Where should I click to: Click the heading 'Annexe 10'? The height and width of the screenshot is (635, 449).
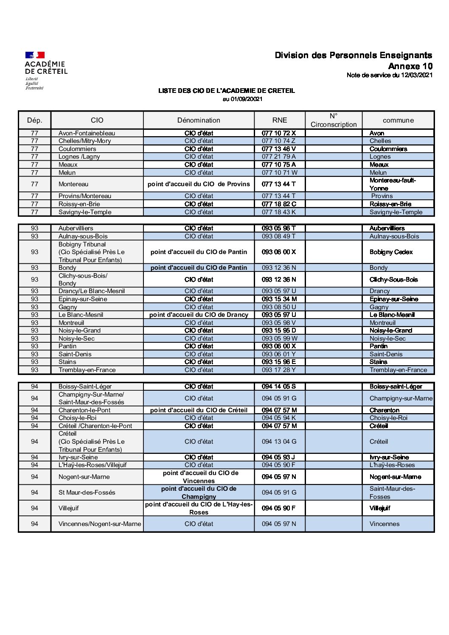410,66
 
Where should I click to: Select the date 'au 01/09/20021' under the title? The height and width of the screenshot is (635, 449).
242,99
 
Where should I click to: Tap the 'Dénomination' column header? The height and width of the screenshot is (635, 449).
199,120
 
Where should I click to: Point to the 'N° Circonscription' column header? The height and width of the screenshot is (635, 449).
334,120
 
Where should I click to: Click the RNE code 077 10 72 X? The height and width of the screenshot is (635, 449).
279,133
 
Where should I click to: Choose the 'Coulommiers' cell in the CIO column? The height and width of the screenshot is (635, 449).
77,149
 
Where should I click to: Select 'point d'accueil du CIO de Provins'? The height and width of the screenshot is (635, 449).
199,184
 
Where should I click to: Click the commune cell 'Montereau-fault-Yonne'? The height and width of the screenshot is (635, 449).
393,184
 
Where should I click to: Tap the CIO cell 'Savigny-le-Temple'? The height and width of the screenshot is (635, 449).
85,212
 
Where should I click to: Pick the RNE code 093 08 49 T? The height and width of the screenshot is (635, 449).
279,236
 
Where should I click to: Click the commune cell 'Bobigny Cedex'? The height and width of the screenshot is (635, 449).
391,252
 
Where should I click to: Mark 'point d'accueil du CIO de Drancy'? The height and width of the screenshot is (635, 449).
199,315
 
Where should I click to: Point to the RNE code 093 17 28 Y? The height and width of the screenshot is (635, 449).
279,370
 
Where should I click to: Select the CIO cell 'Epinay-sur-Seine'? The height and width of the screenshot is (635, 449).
83,299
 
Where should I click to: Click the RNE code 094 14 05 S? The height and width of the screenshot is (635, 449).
279,386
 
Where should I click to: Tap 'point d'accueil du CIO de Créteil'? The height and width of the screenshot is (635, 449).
199,410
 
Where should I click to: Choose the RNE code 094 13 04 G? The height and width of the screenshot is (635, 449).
279,442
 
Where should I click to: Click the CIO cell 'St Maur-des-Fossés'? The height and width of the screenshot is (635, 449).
87,492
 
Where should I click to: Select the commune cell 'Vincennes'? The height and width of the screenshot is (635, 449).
384,524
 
